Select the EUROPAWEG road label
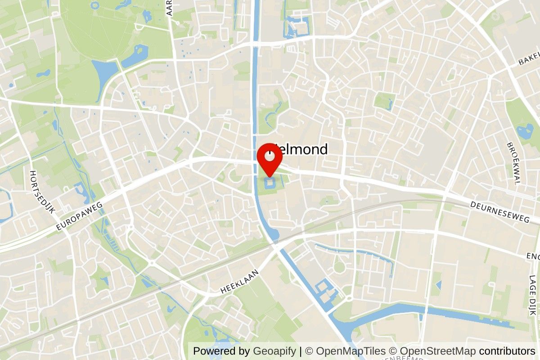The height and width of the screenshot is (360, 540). [x=80, y=216]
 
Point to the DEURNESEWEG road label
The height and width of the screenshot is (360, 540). [x=499, y=212]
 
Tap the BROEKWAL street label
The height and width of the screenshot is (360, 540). [x=513, y=163]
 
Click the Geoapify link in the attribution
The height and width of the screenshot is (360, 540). [x=274, y=351]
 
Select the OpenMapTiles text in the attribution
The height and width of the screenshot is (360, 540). [x=351, y=351]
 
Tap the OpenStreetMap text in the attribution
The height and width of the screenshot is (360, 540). [x=437, y=351]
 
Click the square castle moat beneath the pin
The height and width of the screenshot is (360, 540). [x=269, y=183]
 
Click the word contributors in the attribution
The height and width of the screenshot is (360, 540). [x=507, y=351]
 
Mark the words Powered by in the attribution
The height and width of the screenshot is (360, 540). [x=221, y=351]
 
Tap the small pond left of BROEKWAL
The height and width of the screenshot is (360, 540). [x=524, y=131]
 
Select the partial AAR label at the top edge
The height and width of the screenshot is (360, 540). [x=170, y=8]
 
